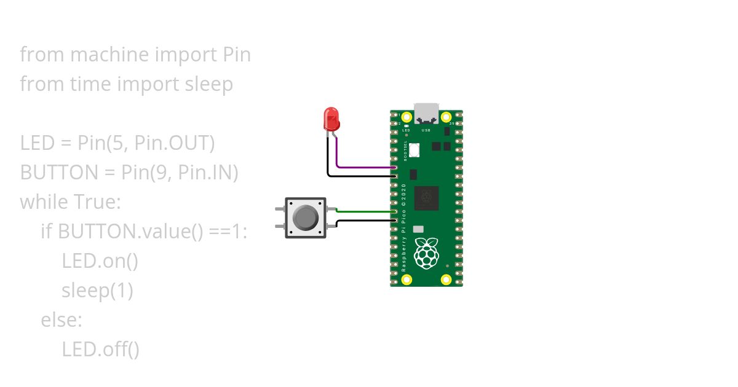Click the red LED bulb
click(331, 119)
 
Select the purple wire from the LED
click(363, 167)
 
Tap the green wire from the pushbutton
click(366, 211)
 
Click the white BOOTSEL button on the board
click(416, 149)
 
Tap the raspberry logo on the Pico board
click(426, 253)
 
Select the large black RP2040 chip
click(426, 198)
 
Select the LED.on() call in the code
click(100, 261)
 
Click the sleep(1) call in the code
click(97, 291)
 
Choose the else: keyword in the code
click(61, 320)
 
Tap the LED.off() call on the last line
click(100, 350)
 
